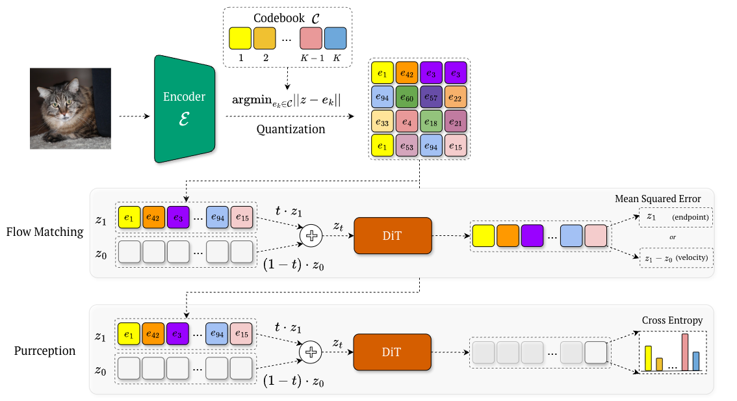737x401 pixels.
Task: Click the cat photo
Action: coord(70,109)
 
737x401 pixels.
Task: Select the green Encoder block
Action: coord(184,108)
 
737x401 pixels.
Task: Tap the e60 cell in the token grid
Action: coord(406,98)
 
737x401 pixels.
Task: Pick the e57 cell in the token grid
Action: coord(431,98)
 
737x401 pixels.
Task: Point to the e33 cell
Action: coord(382,122)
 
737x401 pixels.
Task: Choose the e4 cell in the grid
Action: coord(406,122)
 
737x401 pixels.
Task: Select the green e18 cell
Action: coord(431,122)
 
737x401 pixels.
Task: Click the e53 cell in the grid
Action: coord(406,146)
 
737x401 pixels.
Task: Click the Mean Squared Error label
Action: coord(658,198)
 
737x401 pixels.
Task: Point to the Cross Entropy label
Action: coord(672,320)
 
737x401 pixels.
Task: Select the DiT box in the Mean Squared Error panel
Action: coord(393,235)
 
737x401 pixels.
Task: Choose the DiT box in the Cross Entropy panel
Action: coord(393,352)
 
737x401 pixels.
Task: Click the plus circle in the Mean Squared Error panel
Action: coord(311,236)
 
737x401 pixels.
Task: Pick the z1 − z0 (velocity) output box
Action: coord(676,259)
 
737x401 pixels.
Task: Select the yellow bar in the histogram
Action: coord(648,358)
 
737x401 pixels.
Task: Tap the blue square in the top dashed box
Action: coord(335,38)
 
